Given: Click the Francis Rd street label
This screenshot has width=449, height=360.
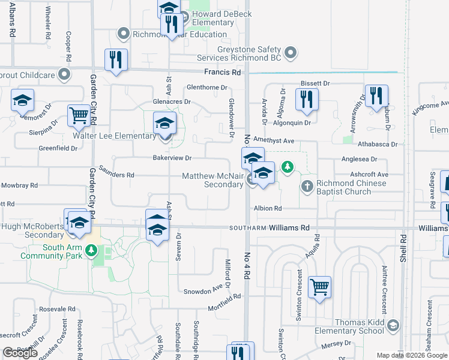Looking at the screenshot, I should coord(222,72).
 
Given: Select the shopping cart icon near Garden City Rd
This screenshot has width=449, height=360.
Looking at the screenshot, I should coord(79,116).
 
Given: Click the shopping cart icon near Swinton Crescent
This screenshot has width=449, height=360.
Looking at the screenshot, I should coord(319,286).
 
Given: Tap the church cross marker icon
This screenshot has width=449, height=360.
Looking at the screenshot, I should coord(307,185).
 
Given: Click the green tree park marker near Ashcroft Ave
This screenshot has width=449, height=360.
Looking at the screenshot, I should coord(288,166).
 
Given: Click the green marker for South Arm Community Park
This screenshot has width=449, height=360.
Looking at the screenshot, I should coord(91,250).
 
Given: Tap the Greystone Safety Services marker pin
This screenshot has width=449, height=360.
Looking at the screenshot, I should coord(291,53).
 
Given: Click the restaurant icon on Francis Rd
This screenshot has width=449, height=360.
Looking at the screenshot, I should coord(115,59).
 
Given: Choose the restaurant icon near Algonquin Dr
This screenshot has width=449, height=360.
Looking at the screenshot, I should coord(307,99).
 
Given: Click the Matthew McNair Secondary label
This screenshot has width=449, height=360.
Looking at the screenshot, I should coord(213,181).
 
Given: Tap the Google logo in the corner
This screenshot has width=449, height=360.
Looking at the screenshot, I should coord(20,353).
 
